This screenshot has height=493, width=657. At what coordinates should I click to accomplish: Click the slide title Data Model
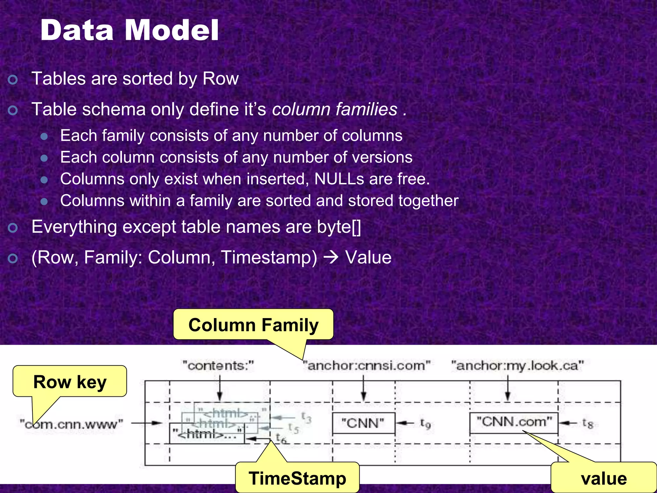pyautogui.click(x=129, y=30)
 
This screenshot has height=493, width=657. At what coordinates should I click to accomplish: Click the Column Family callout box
pyautogui.click(x=253, y=325)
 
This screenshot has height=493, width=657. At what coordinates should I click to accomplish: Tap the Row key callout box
pyautogui.click(x=70, y=382)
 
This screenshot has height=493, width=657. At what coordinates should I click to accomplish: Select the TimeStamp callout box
pyautogui.click(x=297, y=478)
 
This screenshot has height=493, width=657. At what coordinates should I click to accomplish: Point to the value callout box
pyautogui.click(x=604, y=478)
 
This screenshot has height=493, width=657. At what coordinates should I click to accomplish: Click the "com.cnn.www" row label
pyautogui.click(x=72, y=424)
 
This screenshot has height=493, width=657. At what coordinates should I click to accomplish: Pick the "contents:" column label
pyautogui.click(x=218, y=366)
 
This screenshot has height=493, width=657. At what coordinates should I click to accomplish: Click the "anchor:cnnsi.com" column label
pyautogui.click(x=367, y=366)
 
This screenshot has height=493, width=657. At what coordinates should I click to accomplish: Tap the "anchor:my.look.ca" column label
pyautogui.click(x=517, y=366)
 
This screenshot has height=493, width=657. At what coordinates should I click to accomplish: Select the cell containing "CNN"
pyautogui.click(x=363, y=423)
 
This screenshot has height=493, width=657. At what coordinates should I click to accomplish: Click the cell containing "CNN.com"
pyautogui.click(x=514, y=422)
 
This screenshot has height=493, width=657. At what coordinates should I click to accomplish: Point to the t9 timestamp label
pyautogui.click(x=425, y=424)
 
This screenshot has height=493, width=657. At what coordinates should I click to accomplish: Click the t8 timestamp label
pyautogui.click(x=588, y=424)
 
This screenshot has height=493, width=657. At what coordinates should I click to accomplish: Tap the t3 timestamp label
pyautogui.click(x=306, y=417)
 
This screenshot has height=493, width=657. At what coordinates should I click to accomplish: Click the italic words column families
pyautogui.click(x=335, y=109)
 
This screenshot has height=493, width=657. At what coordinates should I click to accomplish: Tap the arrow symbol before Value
pyautogui.click(x=331, y=257)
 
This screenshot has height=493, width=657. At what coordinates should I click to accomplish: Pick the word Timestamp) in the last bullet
pyautogui.click(x=269, y=257)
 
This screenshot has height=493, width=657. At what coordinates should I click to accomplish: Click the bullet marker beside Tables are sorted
pyautogui.click(x=13, y=79)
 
